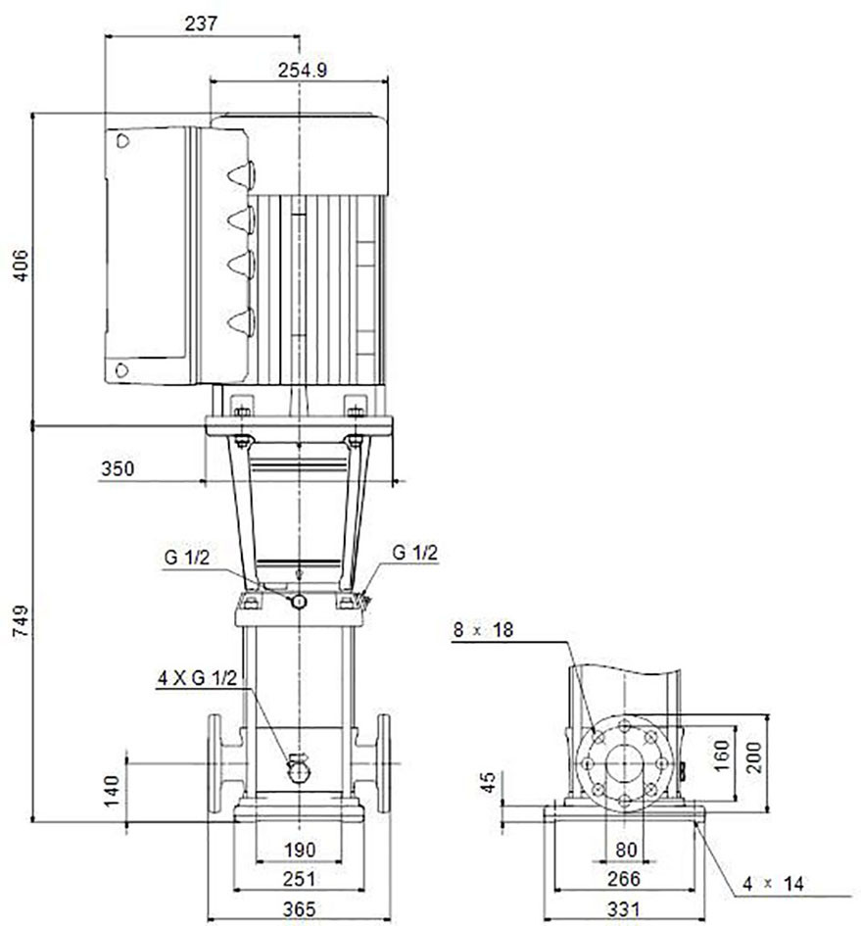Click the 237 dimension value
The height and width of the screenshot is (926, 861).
point(202,24)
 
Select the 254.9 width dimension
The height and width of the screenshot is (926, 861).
point(303,71)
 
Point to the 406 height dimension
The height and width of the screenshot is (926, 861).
point(21,266)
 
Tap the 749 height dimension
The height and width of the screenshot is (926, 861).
point(21,620)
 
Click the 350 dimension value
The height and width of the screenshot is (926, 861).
point(118,469)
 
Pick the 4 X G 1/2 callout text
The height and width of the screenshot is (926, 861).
point(197,678)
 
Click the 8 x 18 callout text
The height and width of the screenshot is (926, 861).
point(484,630)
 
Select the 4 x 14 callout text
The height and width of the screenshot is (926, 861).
point(773,884)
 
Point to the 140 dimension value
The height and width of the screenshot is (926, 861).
point(112,791)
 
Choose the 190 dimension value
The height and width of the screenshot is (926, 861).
point(300,850)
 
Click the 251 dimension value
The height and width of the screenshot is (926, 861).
point(300,879)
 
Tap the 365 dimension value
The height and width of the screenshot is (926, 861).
point(300,909)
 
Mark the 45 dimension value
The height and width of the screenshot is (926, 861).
point(489,783)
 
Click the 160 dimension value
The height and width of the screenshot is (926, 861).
point(722,756)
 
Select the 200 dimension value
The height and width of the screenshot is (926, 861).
point(754,757)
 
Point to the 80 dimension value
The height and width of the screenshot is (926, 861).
point(626,850)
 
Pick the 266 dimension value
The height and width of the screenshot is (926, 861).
point(624,879)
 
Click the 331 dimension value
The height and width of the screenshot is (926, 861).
point(624,909)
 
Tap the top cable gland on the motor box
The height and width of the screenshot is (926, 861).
point(242,174)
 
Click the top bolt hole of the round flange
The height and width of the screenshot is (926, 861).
point(624,726)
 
